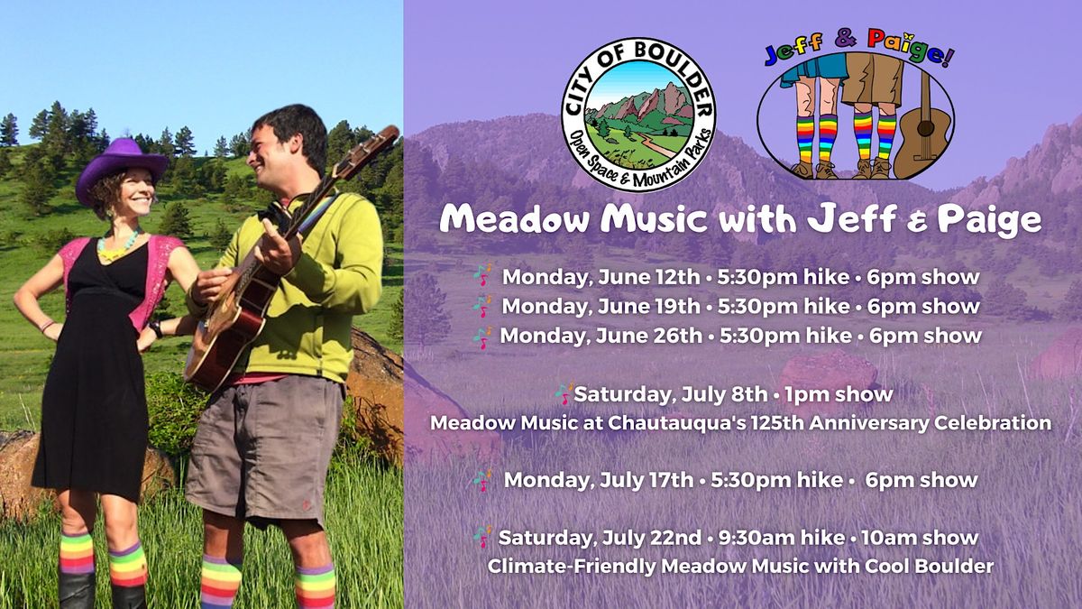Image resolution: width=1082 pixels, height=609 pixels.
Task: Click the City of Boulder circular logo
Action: [638, 115]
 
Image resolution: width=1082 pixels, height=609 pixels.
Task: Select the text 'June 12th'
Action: [649, 277]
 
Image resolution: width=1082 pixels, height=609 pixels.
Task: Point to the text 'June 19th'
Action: [649, 306]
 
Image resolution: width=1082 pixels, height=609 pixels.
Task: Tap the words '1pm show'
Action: [839, 394]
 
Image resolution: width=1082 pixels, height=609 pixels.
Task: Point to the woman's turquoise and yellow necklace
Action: [119, 245]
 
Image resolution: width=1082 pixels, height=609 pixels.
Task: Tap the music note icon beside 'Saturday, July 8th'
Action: [564, 394]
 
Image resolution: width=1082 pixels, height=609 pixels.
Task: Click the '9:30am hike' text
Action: [782, 538]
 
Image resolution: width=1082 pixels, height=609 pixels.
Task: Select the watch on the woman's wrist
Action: [156, 329]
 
